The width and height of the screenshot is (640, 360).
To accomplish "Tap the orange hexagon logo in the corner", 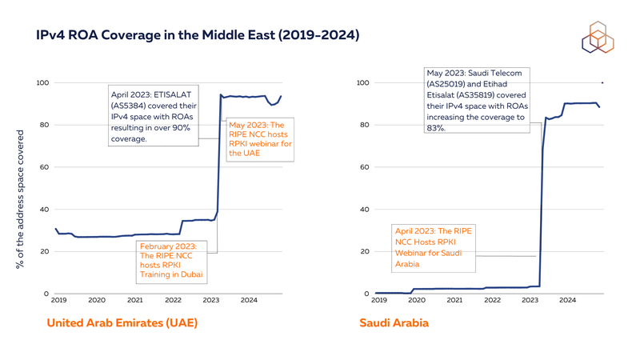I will (597, 37).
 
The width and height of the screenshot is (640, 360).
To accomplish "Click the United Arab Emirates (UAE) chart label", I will (122, 323).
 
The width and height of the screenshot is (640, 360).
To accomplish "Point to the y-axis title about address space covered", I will (21, 199).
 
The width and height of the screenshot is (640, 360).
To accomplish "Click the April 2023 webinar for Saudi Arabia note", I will (433, 247).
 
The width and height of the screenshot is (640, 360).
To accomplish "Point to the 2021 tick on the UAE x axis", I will (135, 301).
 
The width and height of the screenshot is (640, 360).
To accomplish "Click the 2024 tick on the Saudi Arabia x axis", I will (567, 301).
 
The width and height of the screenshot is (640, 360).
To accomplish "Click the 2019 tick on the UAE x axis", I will (58, 301).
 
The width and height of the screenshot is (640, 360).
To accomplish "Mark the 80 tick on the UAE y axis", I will (44, 126).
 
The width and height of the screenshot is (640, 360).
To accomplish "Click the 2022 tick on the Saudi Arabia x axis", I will (491, 301).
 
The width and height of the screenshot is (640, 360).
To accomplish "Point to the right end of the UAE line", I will (281, 97).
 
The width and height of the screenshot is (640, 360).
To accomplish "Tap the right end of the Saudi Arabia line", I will (600, 107).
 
